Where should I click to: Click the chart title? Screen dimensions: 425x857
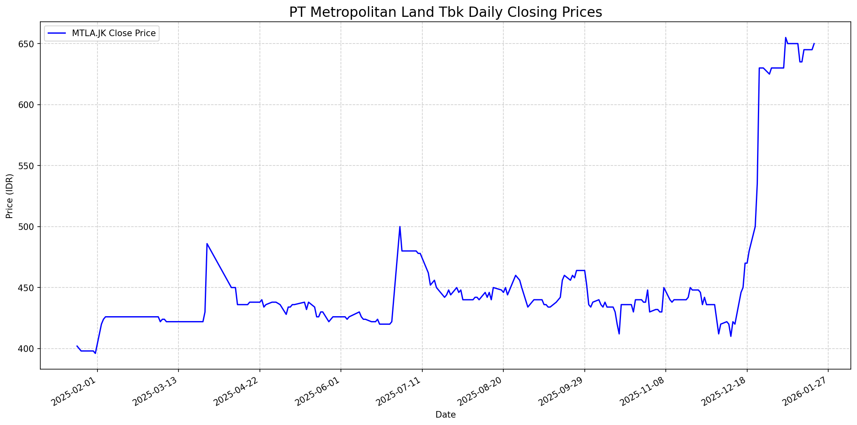pos(445,12)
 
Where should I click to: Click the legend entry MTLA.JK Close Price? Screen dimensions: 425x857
pos(113,33)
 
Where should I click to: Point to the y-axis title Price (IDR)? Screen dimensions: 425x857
pos(10,196)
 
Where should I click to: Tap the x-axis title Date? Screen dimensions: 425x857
pos(445,415)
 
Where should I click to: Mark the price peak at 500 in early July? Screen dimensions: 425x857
pos(400,227)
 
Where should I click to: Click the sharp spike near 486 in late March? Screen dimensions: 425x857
pos(207,244)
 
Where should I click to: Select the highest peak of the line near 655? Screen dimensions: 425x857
pos(785,38)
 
